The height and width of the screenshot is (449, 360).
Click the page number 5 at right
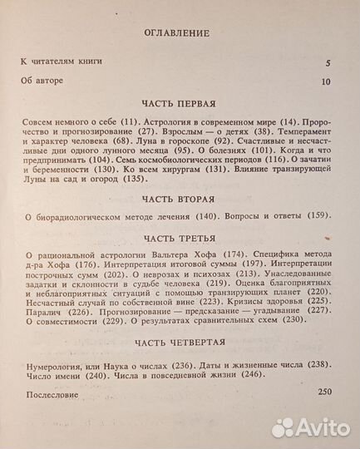[328, 63]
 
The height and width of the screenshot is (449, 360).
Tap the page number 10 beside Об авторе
[326, 81]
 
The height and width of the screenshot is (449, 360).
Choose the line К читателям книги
[57, 63]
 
